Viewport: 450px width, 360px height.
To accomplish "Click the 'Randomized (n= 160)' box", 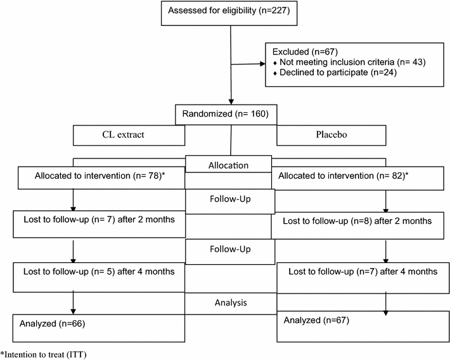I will point(229,115).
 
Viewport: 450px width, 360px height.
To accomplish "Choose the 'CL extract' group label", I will point(129,135).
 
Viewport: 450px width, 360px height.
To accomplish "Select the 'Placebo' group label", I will point(330,135).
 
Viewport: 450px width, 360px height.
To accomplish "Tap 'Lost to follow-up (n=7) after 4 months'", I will point(363,271).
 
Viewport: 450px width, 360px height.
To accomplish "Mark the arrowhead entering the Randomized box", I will point(231,101).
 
